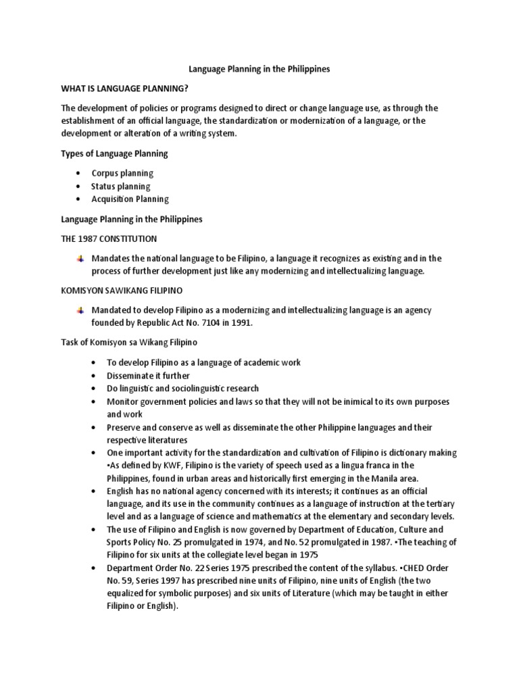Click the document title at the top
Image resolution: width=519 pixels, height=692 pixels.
pos(259,70)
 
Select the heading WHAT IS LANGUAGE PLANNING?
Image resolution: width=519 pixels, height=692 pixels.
pos(124,89)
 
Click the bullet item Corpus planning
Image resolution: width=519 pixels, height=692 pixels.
pos(122,173)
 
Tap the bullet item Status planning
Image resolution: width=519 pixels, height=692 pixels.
pos(121,186)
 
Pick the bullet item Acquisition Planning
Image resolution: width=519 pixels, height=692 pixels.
pos(130,199)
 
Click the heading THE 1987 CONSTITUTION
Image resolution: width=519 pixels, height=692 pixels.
pos(109,239)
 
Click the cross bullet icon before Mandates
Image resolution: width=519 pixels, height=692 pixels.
pos(80,259)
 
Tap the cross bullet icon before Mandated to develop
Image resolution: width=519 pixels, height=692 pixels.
pos(80,310)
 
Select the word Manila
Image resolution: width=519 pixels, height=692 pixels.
pos(376,478)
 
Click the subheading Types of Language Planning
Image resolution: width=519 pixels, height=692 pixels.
pos(114,153)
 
